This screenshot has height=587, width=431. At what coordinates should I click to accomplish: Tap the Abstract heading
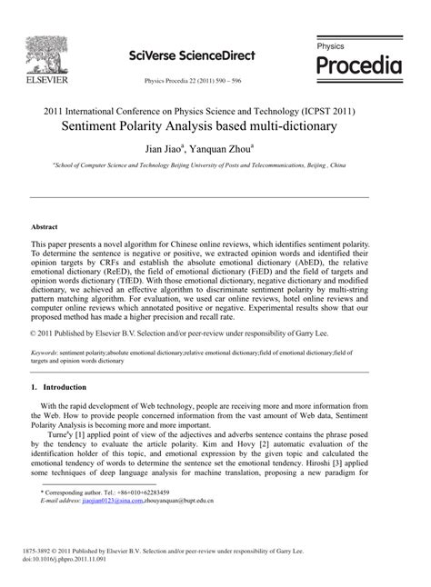pyautogui.click(x=45, y=225)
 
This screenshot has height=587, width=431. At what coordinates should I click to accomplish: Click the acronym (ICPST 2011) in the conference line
pyautogui.click(x=328, y=110)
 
